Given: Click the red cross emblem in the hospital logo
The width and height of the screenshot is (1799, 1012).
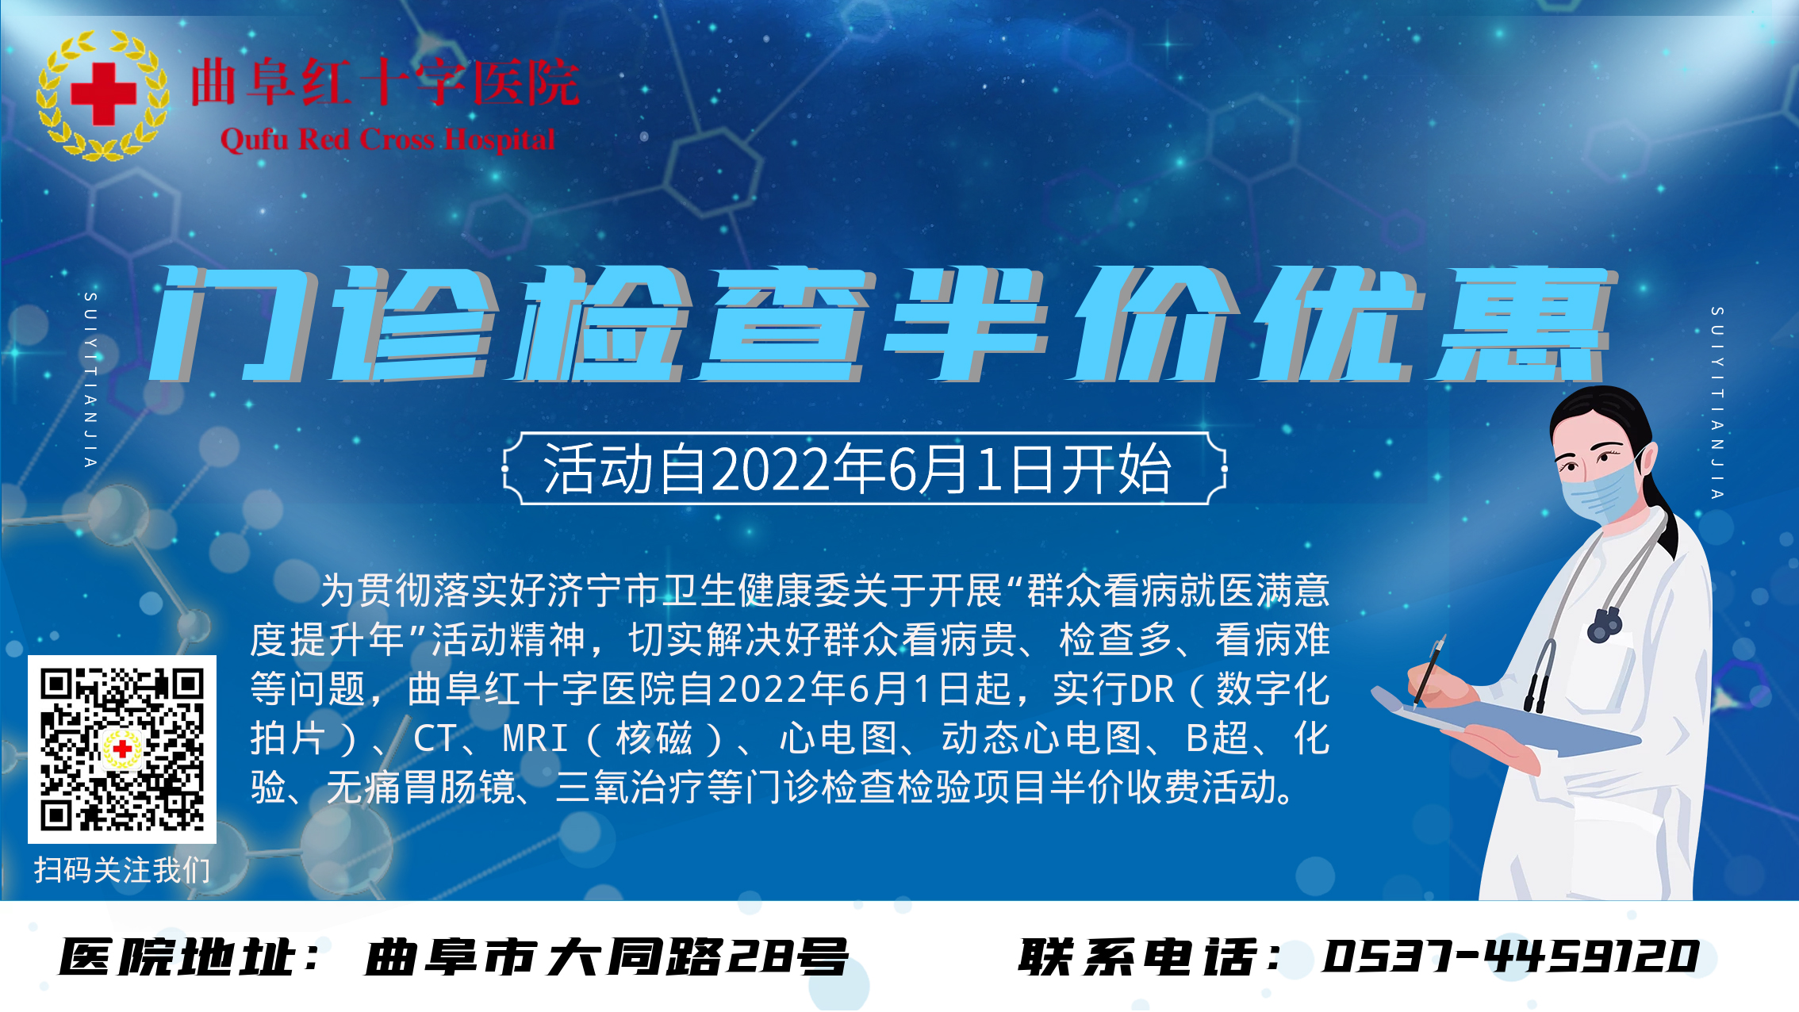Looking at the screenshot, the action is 104,94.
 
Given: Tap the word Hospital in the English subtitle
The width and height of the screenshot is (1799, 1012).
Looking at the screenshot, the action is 500,140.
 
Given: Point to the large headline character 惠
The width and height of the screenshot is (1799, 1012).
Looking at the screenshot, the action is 1523,324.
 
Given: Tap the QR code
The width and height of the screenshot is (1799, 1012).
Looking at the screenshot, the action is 122,749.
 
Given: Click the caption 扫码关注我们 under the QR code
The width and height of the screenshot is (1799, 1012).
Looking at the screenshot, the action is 122,870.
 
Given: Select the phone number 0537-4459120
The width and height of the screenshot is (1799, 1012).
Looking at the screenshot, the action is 1510,956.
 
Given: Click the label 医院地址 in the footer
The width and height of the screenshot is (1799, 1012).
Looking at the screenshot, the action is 178,956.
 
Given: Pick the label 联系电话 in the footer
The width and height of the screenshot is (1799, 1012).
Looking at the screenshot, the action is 1137,956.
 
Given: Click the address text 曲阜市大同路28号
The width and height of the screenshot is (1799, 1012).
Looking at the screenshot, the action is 606,956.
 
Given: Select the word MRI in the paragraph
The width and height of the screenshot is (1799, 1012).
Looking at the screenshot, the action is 535,738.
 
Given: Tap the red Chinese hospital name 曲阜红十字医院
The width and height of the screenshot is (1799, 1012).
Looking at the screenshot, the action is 385,82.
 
